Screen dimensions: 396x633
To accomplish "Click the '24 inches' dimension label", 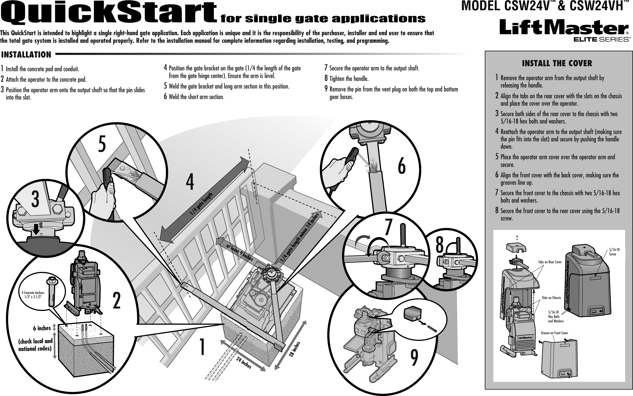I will point(243,362).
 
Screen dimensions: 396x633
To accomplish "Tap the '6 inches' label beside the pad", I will point(42,328).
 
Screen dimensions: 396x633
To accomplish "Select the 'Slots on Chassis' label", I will point(551,298).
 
